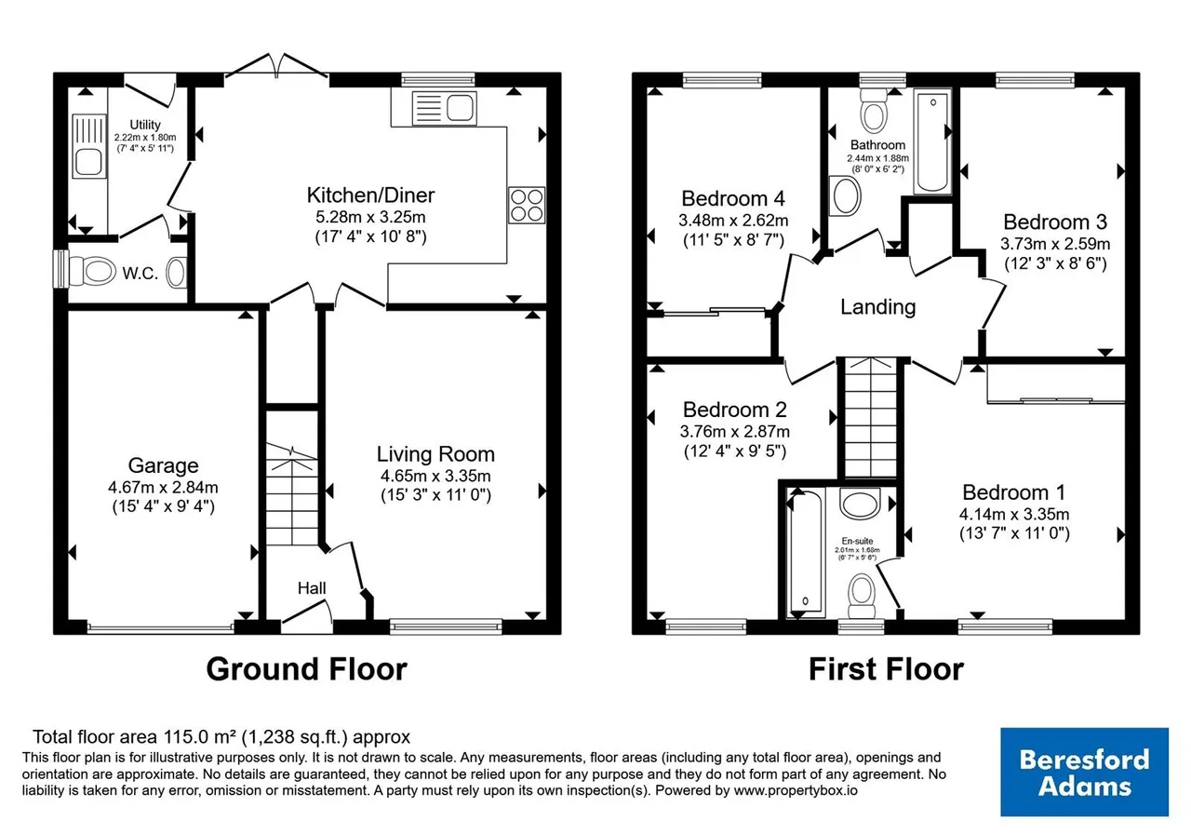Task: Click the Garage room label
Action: coord(163,465)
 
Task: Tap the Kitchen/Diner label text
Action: coord(370,195)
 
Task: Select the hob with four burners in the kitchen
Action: coord(527,205)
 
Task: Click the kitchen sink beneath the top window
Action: coord(445,108)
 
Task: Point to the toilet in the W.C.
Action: coord(92,271)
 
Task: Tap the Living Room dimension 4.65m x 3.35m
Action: coord(435,476)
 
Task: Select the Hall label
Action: coord(312,588)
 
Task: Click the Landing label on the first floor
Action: coord(877,307)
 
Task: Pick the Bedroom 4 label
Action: coord(733,198)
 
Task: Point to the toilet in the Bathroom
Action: coord(874,111)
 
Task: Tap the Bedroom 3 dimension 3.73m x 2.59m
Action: coord(1055,244)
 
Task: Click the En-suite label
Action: coord(857,541)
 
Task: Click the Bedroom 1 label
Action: coord(1014,492)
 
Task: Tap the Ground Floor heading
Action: coord(307,669)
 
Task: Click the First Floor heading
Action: coord(886,669)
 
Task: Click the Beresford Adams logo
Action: coord(1085,772)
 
